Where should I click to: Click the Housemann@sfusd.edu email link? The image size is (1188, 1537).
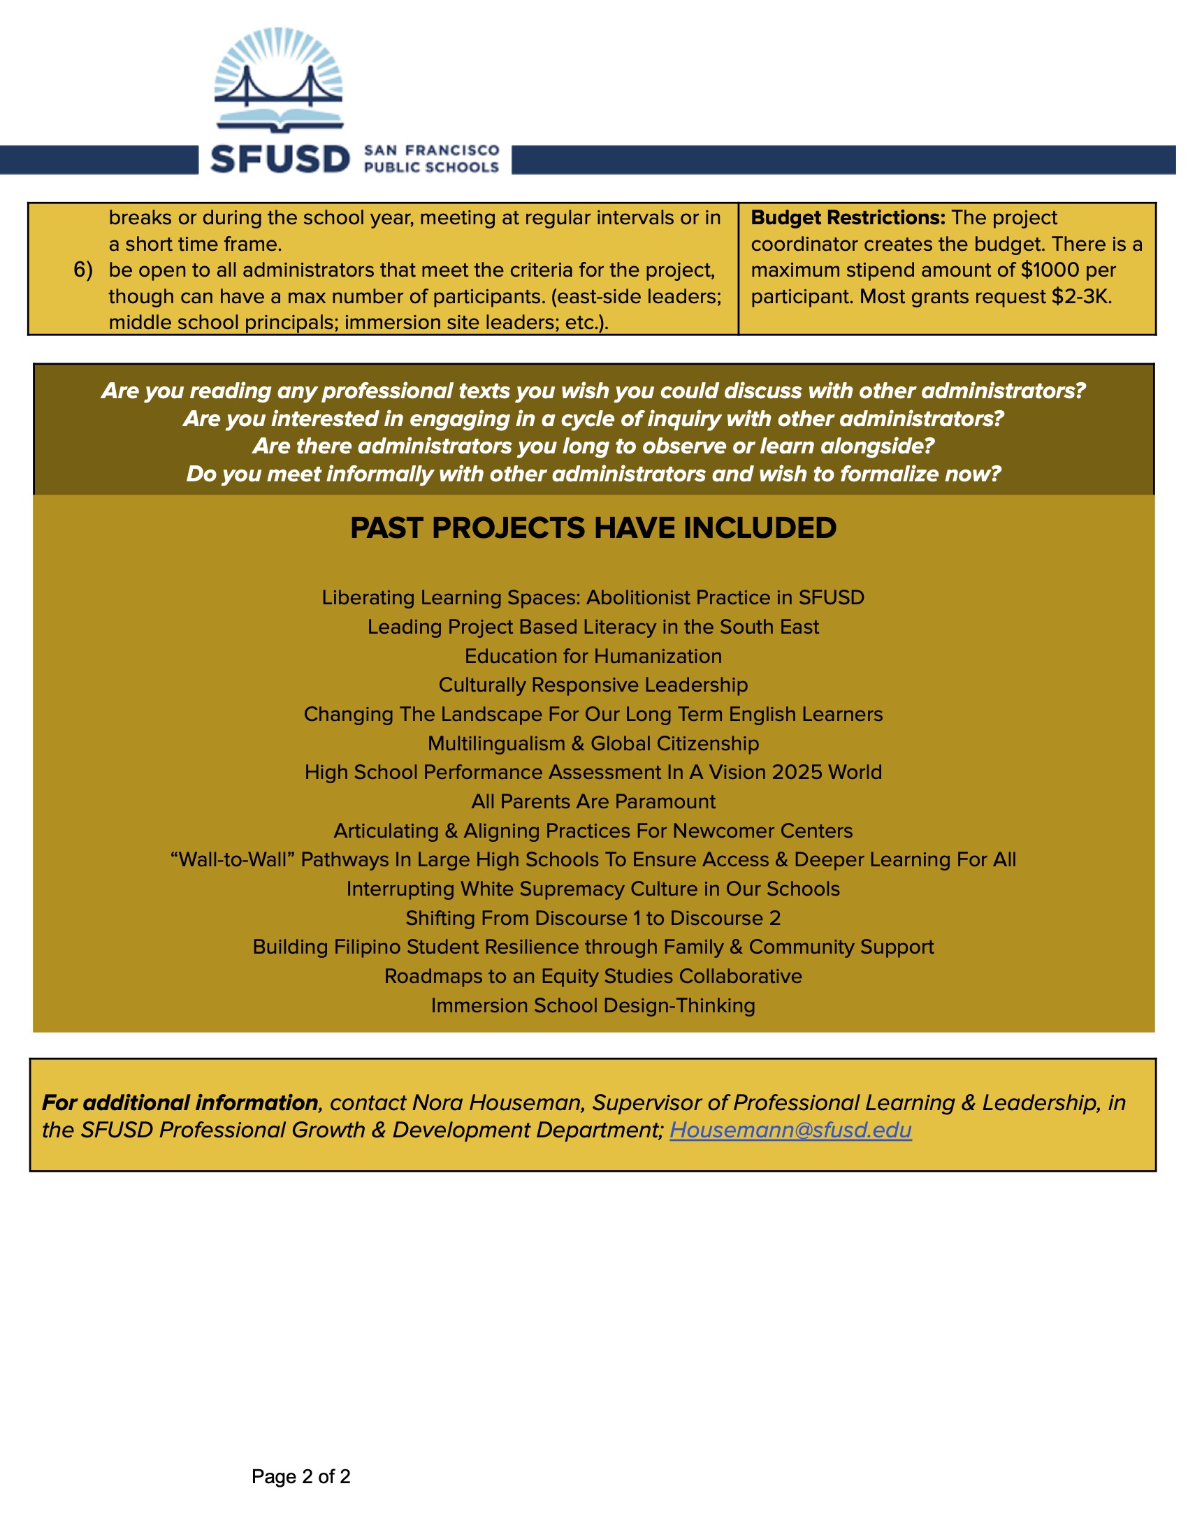[790, 1130]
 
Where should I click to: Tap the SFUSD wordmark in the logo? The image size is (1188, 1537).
[280, 160]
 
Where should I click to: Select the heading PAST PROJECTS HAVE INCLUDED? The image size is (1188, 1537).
[593, 527]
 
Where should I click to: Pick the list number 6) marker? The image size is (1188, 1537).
[83, 270]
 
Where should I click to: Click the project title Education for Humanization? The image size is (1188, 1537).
[593, 656]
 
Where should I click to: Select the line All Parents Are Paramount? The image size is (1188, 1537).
[593, 801]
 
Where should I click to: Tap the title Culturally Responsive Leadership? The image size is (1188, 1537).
[593, 685]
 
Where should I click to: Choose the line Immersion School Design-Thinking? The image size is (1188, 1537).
[593, 1005]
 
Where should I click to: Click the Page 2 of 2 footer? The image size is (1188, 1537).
[300, 1476]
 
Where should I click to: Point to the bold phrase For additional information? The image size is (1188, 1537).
[180, 1102]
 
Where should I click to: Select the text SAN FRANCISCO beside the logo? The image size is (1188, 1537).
[431, 151]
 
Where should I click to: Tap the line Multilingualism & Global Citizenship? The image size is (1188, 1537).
[593, 743]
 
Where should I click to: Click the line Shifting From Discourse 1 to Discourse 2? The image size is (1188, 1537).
[593, 919]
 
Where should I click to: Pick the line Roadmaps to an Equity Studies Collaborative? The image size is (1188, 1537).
[593, 976]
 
